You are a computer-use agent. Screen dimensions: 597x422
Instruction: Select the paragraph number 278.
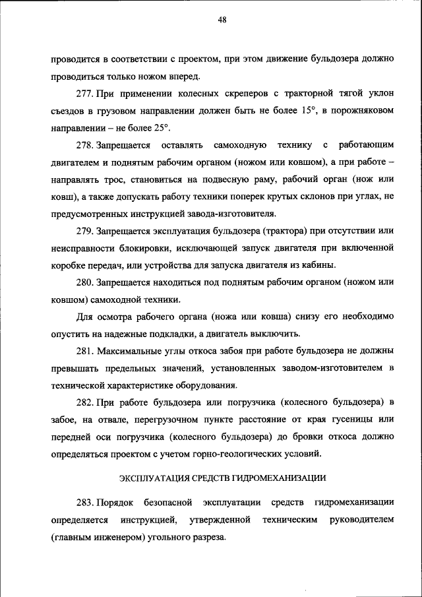coord(84,144)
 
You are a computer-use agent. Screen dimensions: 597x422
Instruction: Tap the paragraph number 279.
coord(84,231)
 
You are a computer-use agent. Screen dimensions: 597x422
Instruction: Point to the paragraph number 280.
coord(84,282)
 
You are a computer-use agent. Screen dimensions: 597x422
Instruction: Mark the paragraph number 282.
coord(84,402)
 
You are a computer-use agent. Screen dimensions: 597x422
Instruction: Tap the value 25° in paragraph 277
coord(158,127)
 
